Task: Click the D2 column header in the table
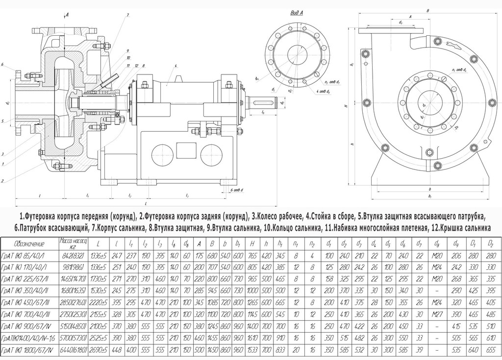491,243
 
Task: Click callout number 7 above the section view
127,16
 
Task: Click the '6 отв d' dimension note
237,189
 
